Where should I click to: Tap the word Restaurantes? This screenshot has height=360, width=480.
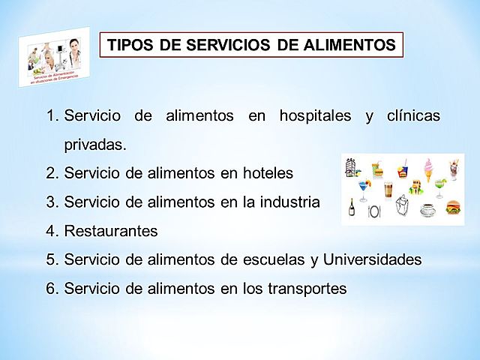pos(111,231)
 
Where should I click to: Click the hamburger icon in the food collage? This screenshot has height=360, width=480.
pos(452,208)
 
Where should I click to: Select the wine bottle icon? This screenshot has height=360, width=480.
pos(351,208)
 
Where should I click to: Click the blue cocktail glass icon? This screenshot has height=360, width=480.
pos(364,187)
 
